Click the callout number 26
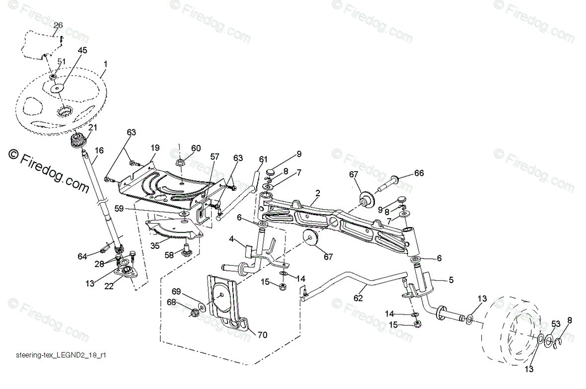pyautogui.click(x=58, y=25)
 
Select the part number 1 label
pyautogui.click(x=105, y=64)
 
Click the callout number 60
pyautogui.click(x=196, y=148)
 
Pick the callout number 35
pyautogui.click(x=154, y=245)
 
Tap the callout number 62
pyautogui.click(x=358, y=299)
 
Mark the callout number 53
pyautogui.click(x=555, y=324)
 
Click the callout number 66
pyautogui.click(x=420, y=173)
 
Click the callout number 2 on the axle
pyautogui.click(x=317, y=192)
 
